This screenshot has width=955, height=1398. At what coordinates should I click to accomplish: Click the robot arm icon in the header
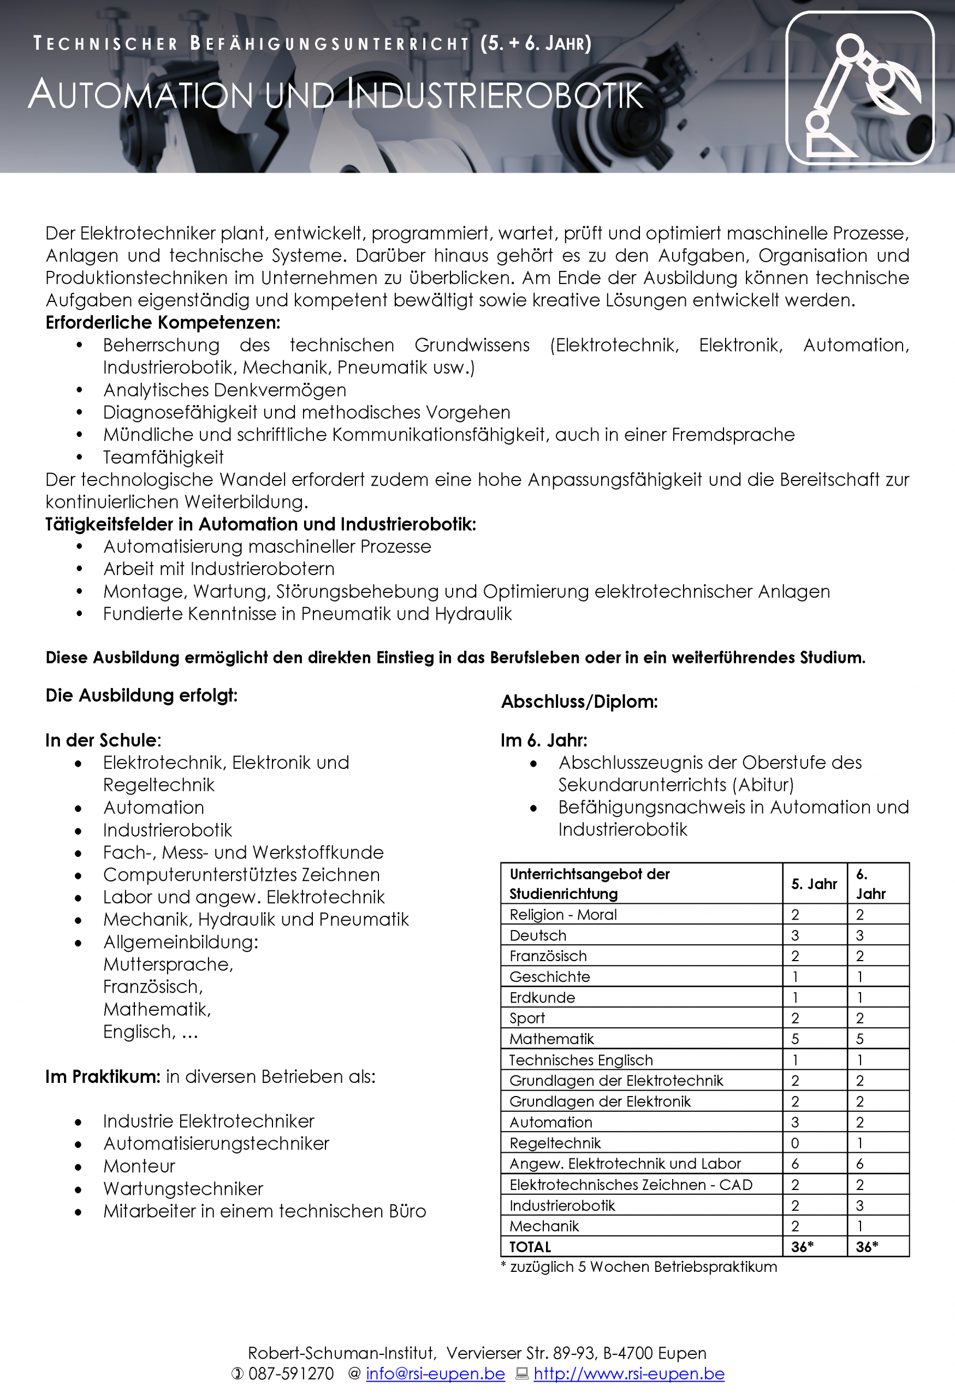[859, 88]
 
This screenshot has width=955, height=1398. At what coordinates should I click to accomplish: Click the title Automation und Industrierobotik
[336, 95]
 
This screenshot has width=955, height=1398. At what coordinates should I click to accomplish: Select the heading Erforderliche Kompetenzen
[163, 323]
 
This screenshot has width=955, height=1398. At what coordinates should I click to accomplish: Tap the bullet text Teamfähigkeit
[163, 457]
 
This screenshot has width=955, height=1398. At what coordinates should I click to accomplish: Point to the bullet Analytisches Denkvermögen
[224, 390]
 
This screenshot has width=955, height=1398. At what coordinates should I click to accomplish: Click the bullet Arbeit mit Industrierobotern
[219, 569]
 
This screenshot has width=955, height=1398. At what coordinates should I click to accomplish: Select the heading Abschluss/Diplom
[579, 701]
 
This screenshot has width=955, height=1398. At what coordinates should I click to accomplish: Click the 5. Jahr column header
[814, 884]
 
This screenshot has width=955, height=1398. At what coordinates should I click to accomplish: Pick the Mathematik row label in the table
[551, 1039]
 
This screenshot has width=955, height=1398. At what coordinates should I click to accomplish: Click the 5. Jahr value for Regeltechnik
[795, 1143]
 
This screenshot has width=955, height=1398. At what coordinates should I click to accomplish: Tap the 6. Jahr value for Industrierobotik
[860, 1206]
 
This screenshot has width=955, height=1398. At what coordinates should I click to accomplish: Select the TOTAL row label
[530, 1247]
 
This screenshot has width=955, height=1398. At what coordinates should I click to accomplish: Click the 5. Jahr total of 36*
[802, 1247]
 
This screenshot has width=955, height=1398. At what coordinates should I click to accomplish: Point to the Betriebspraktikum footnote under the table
[638, 1267]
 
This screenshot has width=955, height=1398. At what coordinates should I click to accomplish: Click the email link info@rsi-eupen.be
[435, 1374]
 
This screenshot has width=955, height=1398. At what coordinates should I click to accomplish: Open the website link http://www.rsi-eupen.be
[628, 1374]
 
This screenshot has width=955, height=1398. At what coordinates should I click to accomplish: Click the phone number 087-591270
[290, 1374]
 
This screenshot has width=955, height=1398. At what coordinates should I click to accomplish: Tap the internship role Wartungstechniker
[183, 1189]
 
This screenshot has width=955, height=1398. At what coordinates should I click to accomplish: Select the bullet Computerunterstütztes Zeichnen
[241, 875]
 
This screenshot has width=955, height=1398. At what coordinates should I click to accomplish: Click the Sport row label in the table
[527, 1018]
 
